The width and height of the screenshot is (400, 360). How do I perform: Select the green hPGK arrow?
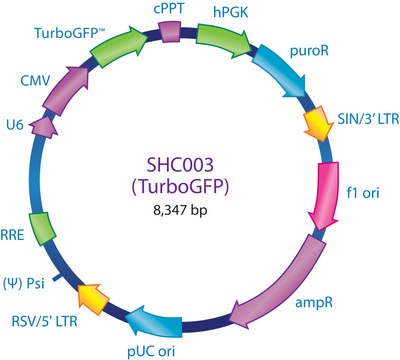click(x=223, y=38)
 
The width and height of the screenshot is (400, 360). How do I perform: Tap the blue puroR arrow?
click(x=281, y=72)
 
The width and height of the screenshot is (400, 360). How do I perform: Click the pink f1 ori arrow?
click(x=325, y=196)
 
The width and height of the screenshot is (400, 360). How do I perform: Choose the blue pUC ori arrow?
click(x=154, y=321)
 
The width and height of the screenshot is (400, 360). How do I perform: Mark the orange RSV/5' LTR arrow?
click(x=92, y=298)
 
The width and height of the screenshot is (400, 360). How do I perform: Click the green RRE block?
click(x=41, y=229)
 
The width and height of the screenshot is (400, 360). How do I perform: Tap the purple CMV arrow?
click(x=66, y=90)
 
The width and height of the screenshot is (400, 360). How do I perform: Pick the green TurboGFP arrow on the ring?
click(x=119, y=47)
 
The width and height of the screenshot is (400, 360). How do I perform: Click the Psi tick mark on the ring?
click(x=59, y=276)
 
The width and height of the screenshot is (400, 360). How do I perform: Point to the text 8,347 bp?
click(x=180, y=210)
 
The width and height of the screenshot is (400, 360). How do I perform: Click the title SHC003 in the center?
click(x=180, y=165)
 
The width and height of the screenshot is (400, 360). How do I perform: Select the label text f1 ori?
click(x=363, y=192)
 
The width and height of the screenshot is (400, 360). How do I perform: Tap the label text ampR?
click(x=314, y=303)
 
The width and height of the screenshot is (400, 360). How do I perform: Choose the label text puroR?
click(x=309, y=51)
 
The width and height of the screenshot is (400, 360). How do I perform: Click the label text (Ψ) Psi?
click(x=23, y=283)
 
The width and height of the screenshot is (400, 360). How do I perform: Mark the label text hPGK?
click(x=231, y=13)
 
